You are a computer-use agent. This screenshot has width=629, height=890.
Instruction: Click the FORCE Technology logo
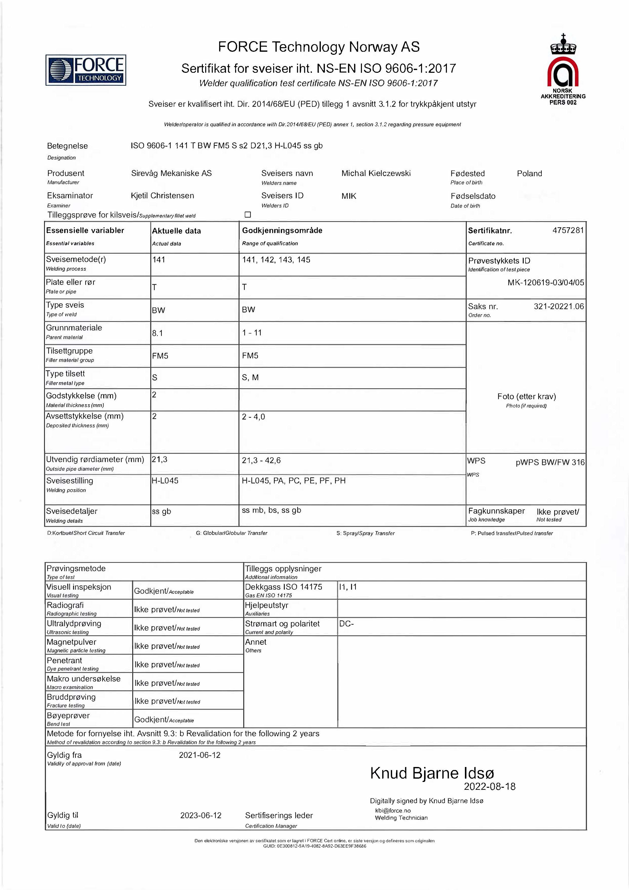(86, 70)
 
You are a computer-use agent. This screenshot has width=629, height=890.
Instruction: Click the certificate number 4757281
(568, 230)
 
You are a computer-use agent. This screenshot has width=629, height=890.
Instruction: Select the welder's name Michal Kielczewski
(376, 173)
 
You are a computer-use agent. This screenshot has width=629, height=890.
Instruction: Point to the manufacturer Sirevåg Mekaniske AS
(171, 173)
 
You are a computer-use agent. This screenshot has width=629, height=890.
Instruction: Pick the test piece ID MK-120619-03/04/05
(545, 283)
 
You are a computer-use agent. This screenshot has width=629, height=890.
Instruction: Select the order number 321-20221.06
(558, 306)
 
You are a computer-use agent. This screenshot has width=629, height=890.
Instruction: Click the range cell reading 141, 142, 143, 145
(276, 260)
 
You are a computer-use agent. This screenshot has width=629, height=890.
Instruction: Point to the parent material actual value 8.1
(157, 333)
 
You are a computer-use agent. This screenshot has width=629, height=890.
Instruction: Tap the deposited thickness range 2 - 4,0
(253, 417)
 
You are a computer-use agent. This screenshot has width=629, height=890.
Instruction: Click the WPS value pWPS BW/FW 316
(550, 462)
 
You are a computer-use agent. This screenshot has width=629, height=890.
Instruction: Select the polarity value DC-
(346, 624)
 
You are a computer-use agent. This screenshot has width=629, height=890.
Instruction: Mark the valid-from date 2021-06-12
(200, 755)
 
